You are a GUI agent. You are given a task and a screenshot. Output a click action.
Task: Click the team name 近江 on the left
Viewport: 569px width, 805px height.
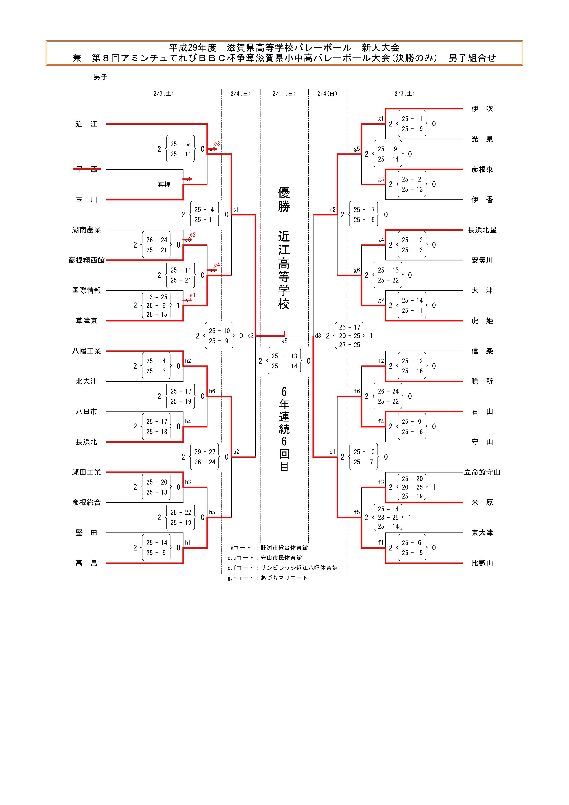click(x=86, y=124)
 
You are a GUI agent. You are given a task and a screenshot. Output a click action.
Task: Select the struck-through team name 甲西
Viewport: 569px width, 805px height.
click(x=86, y=169)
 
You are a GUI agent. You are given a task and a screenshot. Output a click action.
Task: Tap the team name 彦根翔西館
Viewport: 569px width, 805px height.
click(x=86, y=260)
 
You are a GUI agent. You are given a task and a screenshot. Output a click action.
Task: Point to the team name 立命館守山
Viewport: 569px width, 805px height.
click(x=482, y=472)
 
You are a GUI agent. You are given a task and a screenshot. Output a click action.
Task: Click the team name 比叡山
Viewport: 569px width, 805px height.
click(x=482, y=563)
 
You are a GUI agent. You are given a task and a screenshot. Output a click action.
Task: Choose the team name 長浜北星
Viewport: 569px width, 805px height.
click(x=482, y=230)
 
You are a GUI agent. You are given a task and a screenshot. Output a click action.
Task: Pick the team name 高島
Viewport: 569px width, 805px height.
click(x=86, y=563)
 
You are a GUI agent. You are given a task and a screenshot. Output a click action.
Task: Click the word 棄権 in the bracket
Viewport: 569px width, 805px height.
click(x=164, y=184)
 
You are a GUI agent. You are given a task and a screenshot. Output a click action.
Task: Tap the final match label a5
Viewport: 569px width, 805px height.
click(x=284, y=341)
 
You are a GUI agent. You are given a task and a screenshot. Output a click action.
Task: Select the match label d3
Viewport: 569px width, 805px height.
click(x=318, y=336)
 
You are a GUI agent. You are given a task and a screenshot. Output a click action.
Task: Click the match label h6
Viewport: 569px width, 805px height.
click(x=212, y=391)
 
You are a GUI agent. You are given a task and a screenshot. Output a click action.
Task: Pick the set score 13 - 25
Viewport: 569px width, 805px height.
click(x=157, y=297)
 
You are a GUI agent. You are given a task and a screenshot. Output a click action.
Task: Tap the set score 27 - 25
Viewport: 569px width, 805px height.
click(x=349, y=345)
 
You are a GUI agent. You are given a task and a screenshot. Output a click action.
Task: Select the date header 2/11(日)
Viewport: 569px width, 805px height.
click(x=284, y=94)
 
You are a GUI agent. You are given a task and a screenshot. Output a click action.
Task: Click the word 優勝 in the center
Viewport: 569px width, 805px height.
click(x=284, y=199)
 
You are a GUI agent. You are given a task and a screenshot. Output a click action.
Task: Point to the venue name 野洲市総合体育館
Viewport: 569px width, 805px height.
click(x=284, y=548)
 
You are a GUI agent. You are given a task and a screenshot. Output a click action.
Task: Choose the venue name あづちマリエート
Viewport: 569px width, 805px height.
click(x=284, y=578)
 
